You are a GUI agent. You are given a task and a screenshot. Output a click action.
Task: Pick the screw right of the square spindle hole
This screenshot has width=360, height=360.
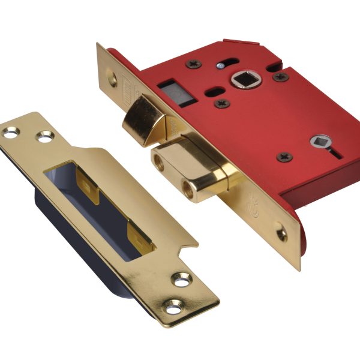tap(279, 76)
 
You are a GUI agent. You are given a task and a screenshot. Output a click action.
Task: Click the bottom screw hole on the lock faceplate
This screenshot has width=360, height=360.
tap(281, 233)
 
